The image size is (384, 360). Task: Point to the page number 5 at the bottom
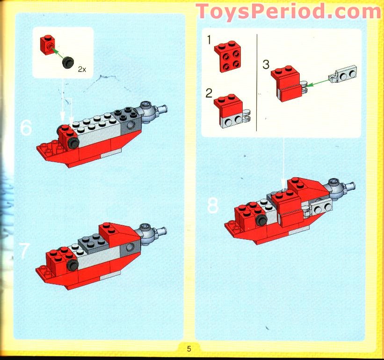(189, 348)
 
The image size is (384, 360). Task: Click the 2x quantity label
(82, 69)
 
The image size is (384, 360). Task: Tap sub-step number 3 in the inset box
(266, 64)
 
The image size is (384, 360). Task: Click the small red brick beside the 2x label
(46, 43)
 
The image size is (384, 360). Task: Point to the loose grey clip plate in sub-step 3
(344, 75)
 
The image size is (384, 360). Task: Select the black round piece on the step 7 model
(72, 266)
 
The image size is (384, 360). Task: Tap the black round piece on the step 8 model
(261, 219)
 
